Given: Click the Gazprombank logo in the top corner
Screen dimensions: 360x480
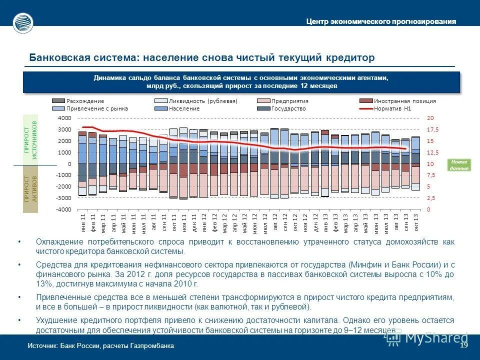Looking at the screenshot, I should pyautogui.click(x=23, y=22).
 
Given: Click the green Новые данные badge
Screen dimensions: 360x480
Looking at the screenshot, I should pyautogui.click(x=459, y=165).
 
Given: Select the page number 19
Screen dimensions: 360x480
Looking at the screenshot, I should pyautogui.click(x=463, y=346).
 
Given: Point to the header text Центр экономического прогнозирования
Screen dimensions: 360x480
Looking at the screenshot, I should pyautogui.click(x=381, y=21).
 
